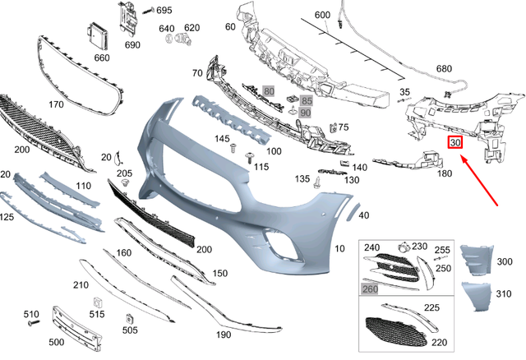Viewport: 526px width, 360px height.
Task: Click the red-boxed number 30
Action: click(455, 142)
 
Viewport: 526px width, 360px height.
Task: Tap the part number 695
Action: click(164, 11)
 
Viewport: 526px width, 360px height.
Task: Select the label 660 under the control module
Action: click(101, 58)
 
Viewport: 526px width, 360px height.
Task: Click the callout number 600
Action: click(321, 16)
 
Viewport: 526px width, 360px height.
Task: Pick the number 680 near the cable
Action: click(468, 68)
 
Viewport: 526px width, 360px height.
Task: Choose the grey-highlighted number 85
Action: click(306, 101)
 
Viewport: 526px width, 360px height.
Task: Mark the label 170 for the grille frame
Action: click(56, 104)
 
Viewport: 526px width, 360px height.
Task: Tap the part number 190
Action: click(224, 335)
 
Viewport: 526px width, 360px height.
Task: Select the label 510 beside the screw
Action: click(31, 314)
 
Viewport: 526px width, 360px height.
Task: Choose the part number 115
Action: click(261, 167)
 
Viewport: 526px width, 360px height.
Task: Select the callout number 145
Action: click(222, 139)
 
